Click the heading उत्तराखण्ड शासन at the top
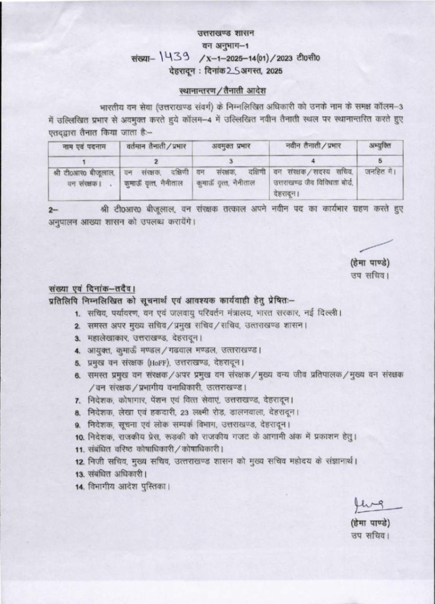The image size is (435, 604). click(226, 33)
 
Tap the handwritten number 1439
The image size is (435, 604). click(175, 58)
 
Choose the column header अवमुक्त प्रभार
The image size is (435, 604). click(231, 147)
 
